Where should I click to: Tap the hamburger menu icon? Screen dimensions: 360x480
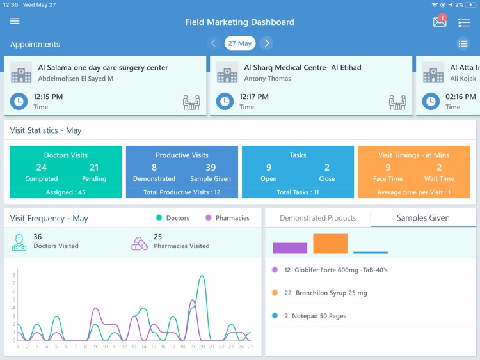click(x=15, y=21)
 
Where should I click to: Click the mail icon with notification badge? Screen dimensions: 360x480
click(x=440, y=22)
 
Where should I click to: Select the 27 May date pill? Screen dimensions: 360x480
click(x=240, y=43)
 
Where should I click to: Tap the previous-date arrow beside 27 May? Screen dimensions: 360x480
click(x=213, y=43)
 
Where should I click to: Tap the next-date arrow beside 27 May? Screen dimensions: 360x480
click(x=267, y=43)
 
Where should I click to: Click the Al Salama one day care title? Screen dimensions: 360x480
click(x=103, y=67)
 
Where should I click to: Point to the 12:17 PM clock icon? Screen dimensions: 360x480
click(x=225, y=101)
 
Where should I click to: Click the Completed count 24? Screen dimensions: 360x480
click(x=41, y=168)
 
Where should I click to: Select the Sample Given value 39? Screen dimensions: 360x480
click(x=211, y=168)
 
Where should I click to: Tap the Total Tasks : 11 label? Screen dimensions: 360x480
click(x=298, y=192)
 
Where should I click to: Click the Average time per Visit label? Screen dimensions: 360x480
click(x=413, y=192)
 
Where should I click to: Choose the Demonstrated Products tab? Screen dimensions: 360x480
click(x=317, y=218)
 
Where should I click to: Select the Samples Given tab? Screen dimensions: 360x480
click(x=423, y=218)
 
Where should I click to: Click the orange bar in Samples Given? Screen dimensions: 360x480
click(x=330, y=244)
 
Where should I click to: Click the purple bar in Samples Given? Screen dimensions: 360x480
click(x=290, y=248)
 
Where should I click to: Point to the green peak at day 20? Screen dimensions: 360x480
click(x=202, y=277)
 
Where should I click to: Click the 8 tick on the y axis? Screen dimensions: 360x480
click(x=13, y=275)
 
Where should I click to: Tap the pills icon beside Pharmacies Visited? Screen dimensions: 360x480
click(x=139, y=243)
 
